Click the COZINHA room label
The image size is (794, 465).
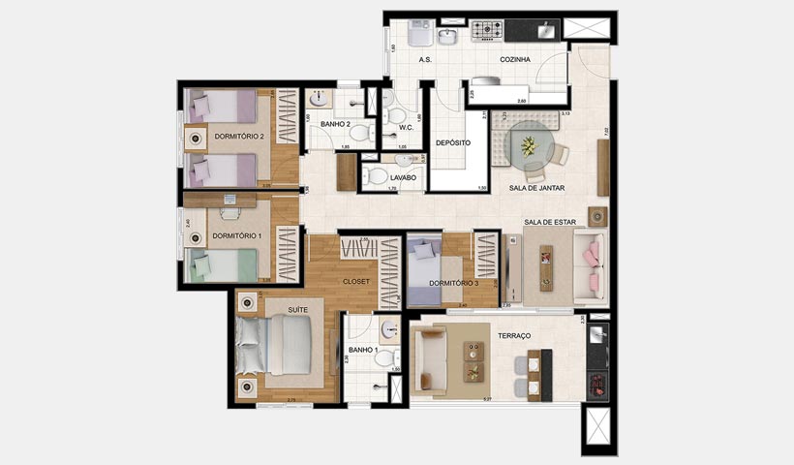[x=515, y=60]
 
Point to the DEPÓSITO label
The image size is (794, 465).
[x=452, y=143]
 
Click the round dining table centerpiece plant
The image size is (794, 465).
[x=529, y=146]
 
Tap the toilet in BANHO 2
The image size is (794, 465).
[x=359, y=133]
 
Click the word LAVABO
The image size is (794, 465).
[x=403, y=178]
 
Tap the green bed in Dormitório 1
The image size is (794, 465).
[x=224, y=264]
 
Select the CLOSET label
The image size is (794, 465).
[x=356, y=281]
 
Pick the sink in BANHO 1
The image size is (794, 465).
[x=388, y=330]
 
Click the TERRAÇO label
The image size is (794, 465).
[x=514, y=335]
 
